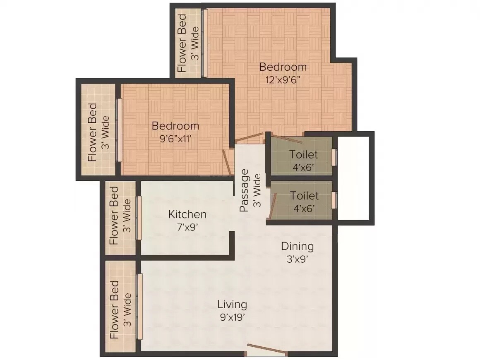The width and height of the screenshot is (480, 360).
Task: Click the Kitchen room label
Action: click(187, 214)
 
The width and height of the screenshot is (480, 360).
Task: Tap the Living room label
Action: click(232, 305)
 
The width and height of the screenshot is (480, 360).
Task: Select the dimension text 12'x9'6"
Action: click(283, 79)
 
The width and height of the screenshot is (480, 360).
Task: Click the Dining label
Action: click(297, 246)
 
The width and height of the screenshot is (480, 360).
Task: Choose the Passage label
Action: click(245, 190)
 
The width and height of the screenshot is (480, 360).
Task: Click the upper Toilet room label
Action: click(304, 154)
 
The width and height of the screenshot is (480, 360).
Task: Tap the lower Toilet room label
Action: click(304, 195)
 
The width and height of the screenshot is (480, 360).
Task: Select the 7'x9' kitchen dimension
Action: click(187, 227)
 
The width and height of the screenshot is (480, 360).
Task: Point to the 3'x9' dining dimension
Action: click(297, 259)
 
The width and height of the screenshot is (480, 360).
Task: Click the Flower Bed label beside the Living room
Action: click(115, 310)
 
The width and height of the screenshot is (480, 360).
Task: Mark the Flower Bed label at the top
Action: click(182, 43)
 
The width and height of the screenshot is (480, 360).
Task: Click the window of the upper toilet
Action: click(334, 158)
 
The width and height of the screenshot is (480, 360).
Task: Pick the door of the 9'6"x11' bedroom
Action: click(227, 162)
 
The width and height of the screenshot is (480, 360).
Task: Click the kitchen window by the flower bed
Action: click(139, 218)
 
